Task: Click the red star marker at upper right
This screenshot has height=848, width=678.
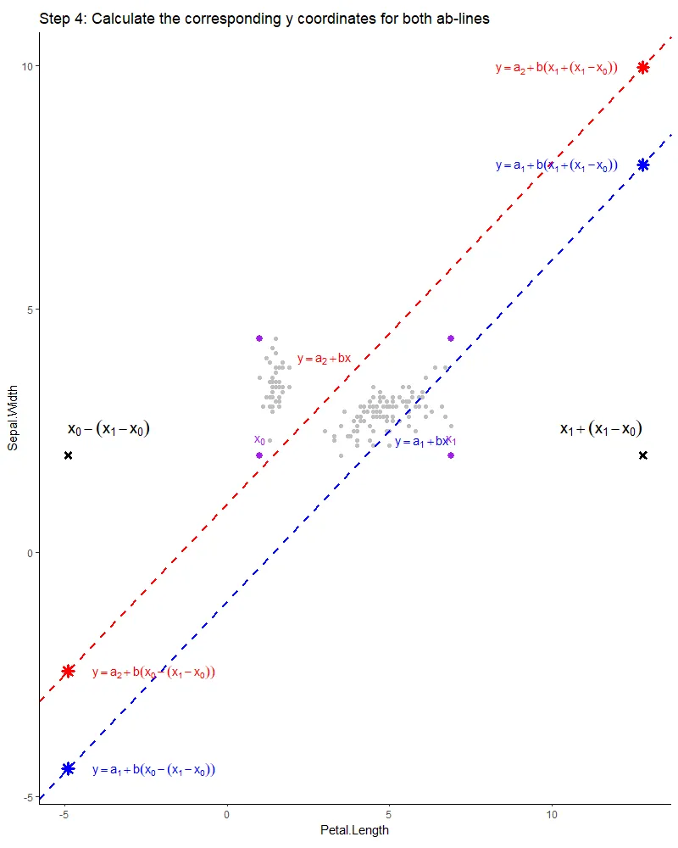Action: [x=643, y=68]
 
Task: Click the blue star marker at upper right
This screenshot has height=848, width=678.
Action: [x=643, y=165]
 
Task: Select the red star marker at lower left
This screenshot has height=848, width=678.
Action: [x=69, y=672]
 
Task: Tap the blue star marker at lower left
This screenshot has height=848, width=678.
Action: [x=69, y=769]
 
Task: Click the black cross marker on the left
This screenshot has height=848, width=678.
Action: [x=69, y=455]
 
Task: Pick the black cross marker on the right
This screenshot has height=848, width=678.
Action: [x=643, y=455]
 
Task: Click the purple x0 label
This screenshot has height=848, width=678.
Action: [x=259, y=439]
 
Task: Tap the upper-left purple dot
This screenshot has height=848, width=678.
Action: [x=259, y=338]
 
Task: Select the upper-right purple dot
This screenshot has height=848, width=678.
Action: [x=451, y=338]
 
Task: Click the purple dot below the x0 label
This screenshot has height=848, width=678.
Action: [x=259, y=455]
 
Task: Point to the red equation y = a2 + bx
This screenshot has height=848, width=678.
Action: [x=324, y=359]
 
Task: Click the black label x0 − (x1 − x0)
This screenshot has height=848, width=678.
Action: [x=108, y=429]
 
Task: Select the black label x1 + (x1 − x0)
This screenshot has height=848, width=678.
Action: [x=601, y=429]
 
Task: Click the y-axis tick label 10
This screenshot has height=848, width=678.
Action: [x=27, y=66]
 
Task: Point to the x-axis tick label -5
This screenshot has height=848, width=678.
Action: [x=64, y=815]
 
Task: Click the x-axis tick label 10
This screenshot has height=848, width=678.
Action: [x=552, y=815]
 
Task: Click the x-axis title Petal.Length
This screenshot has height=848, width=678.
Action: [x=354, y=830]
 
